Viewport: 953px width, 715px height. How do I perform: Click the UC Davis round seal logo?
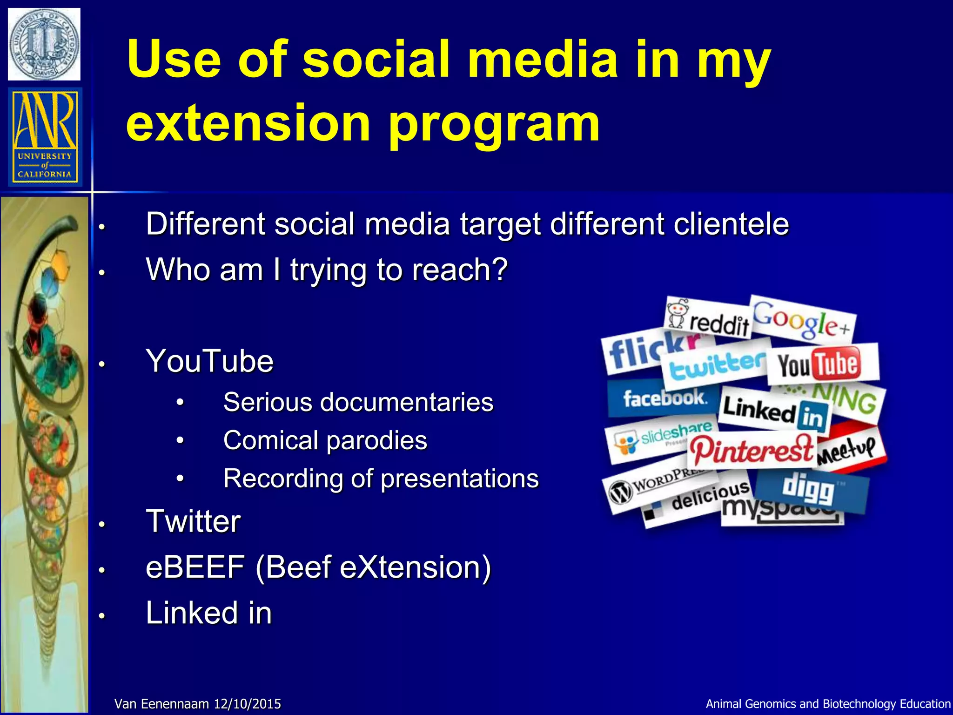pos(44,44)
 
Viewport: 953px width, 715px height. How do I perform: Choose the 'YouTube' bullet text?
pos(209,361)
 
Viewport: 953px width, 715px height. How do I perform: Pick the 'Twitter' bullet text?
pos(193,521)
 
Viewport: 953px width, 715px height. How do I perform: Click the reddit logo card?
pos(707,319)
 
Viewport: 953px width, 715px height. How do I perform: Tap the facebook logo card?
pos(663,398)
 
